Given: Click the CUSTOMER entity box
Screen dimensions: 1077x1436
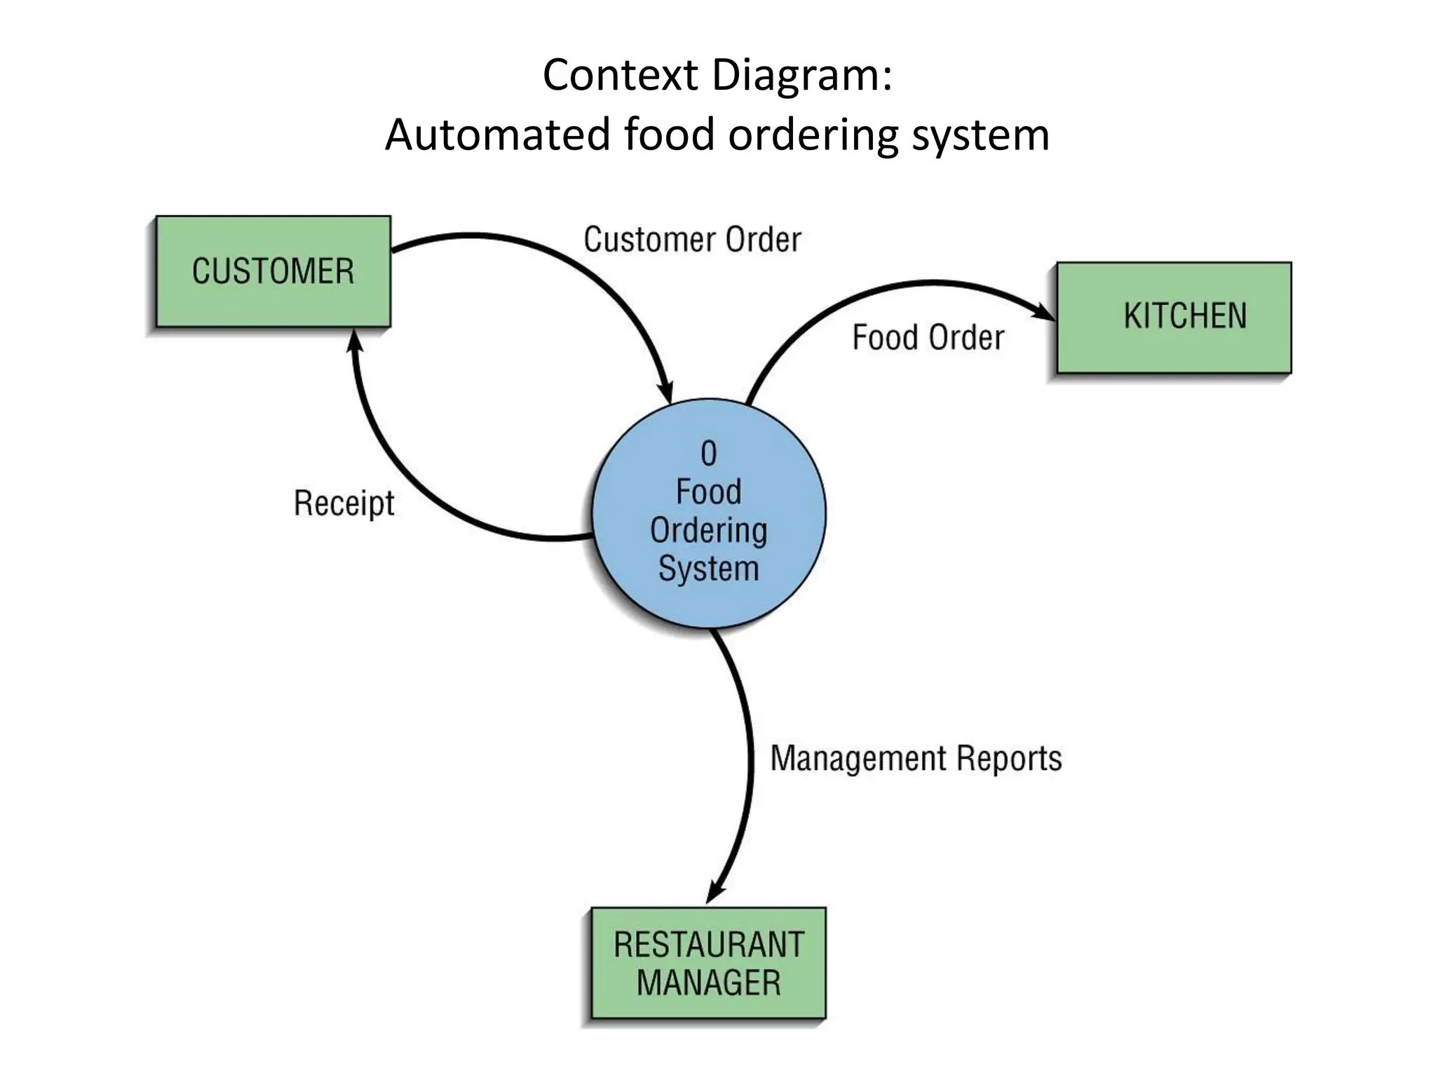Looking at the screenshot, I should [273, 271].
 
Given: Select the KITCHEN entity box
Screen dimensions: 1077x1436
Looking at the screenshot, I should [1174, 317].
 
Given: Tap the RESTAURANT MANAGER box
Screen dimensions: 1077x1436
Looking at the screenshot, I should [708, 963].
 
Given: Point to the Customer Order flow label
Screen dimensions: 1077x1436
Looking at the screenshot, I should [692, 240].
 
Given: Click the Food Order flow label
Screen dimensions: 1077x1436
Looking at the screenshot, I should [928, 337].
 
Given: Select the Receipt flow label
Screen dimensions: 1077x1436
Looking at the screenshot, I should [344, 503].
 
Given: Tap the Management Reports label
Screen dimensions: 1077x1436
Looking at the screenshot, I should [916, 759].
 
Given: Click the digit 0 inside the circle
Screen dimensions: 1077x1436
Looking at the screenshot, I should [708, 454].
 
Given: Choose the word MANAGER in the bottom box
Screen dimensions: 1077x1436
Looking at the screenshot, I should [708, 982].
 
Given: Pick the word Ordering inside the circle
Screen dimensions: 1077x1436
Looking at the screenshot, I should [708, 530].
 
